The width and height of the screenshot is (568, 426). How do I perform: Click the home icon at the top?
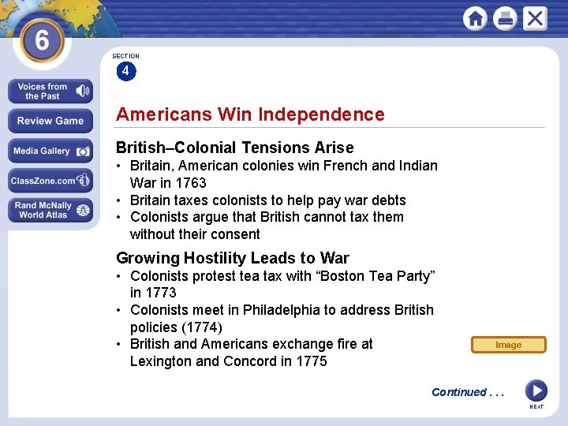click(x=476, y=18)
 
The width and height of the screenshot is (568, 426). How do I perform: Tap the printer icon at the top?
click(x=505, y=18)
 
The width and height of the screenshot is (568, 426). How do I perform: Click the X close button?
click(x=534, y=18)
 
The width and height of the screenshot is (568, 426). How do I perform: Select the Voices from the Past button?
click(x=50, y=92)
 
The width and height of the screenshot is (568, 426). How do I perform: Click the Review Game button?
click(x=50, y=121)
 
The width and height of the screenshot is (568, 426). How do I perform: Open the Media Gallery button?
click(x=50, y=151)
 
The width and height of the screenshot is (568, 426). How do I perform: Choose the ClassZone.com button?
click(x=50, y=181)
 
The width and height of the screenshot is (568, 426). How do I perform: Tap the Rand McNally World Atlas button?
click(x=50, y=210)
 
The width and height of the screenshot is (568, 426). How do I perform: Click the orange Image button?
click(x=508, y=345)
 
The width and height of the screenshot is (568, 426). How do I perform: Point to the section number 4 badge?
click(x=125, y=71)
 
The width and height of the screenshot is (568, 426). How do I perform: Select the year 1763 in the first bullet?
click(x=189, y=183)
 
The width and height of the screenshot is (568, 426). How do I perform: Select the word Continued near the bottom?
click(x=459, y=392)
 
